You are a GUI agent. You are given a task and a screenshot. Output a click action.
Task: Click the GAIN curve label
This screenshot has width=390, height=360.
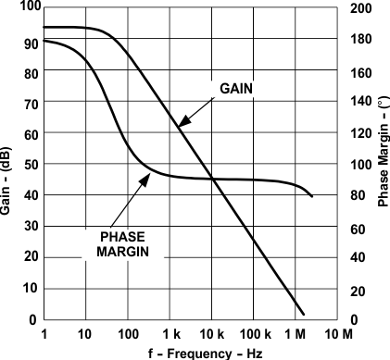pos(236,88)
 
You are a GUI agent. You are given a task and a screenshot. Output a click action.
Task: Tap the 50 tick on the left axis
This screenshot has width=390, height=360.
pos(31,165)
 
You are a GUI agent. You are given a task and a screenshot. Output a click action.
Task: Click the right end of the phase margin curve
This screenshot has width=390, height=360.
pos(312,196)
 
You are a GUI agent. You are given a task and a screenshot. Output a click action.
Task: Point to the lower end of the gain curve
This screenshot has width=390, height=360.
pos(303,313)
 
